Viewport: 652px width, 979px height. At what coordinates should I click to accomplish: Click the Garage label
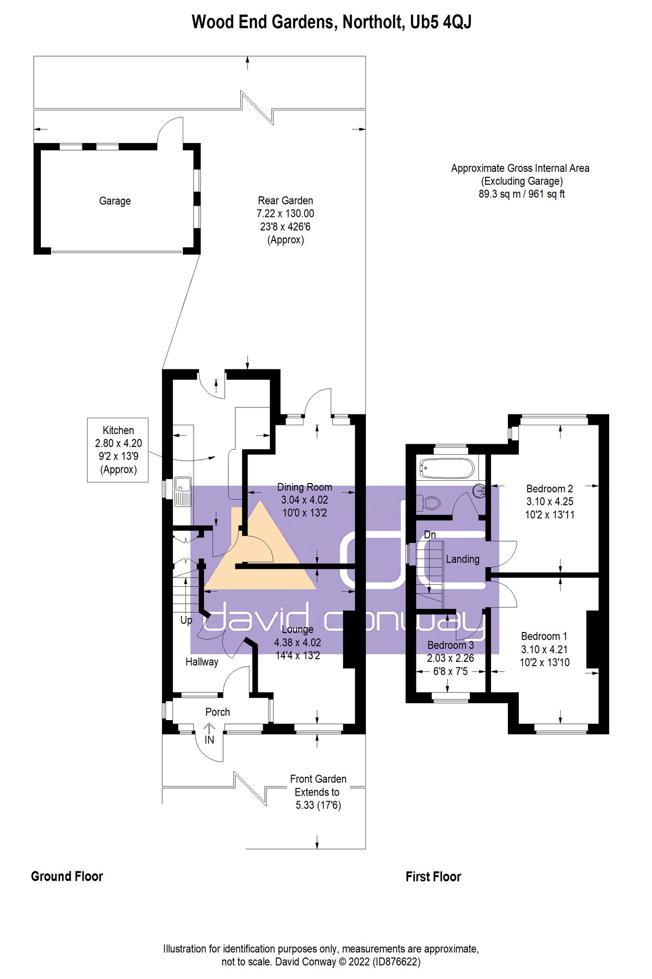coord(115,201)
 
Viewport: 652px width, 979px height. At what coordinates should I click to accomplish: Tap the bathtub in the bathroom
coord(446,468)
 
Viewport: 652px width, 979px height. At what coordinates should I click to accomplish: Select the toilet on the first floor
coord(431,502)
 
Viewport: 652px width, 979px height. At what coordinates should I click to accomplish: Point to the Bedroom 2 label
coord(549,488)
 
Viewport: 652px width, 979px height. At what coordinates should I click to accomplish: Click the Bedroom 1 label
coord(544,636)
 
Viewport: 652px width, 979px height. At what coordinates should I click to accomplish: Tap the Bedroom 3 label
coord(450,645)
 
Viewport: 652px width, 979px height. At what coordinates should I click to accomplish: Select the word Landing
coord(463,559)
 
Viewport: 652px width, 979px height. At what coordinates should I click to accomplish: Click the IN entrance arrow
coord(209,731)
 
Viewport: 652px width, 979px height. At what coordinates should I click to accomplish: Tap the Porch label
coord(218,712)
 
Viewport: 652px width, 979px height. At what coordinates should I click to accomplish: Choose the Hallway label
coord(202,662)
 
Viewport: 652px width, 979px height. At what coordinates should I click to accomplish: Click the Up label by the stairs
coord(186,620)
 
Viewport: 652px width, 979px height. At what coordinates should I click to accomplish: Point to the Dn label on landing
coord(430,535)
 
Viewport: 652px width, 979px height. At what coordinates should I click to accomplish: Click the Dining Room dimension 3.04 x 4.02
coord(305,500)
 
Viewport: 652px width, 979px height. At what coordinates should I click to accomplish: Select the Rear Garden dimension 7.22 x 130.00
coord(285,214)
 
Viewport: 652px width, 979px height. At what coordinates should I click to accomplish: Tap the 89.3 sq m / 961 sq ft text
coord(521,194)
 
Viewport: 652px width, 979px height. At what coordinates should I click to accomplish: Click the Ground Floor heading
coord(67,876)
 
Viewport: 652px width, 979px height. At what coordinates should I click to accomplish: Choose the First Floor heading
coord(433,877)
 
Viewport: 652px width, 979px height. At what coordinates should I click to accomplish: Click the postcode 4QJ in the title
coord(457,22)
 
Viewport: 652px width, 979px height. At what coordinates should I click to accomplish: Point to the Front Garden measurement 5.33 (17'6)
coord(318,805)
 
